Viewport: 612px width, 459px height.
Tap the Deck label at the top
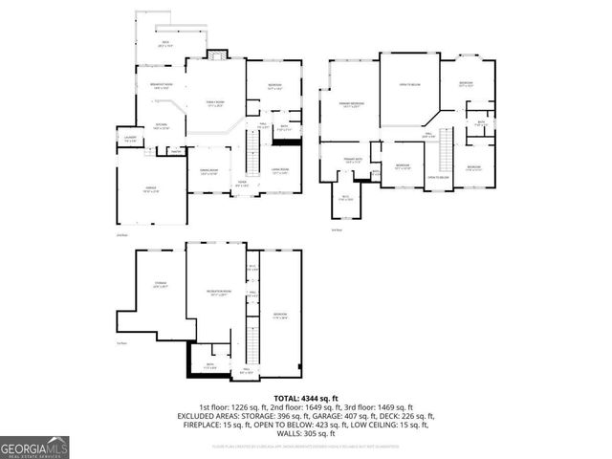pos(164,44)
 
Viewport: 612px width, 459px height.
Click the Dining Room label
pos(208,173)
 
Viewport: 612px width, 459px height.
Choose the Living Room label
pos(280,172)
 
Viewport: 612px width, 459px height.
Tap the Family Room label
pos(215,103)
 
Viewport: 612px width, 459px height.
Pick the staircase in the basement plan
pos(253,339)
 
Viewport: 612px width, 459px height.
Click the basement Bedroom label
pos(279,316)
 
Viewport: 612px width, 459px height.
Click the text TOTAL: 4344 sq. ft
pos(305,399)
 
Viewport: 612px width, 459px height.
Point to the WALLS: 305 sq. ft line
pos(305,433)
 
